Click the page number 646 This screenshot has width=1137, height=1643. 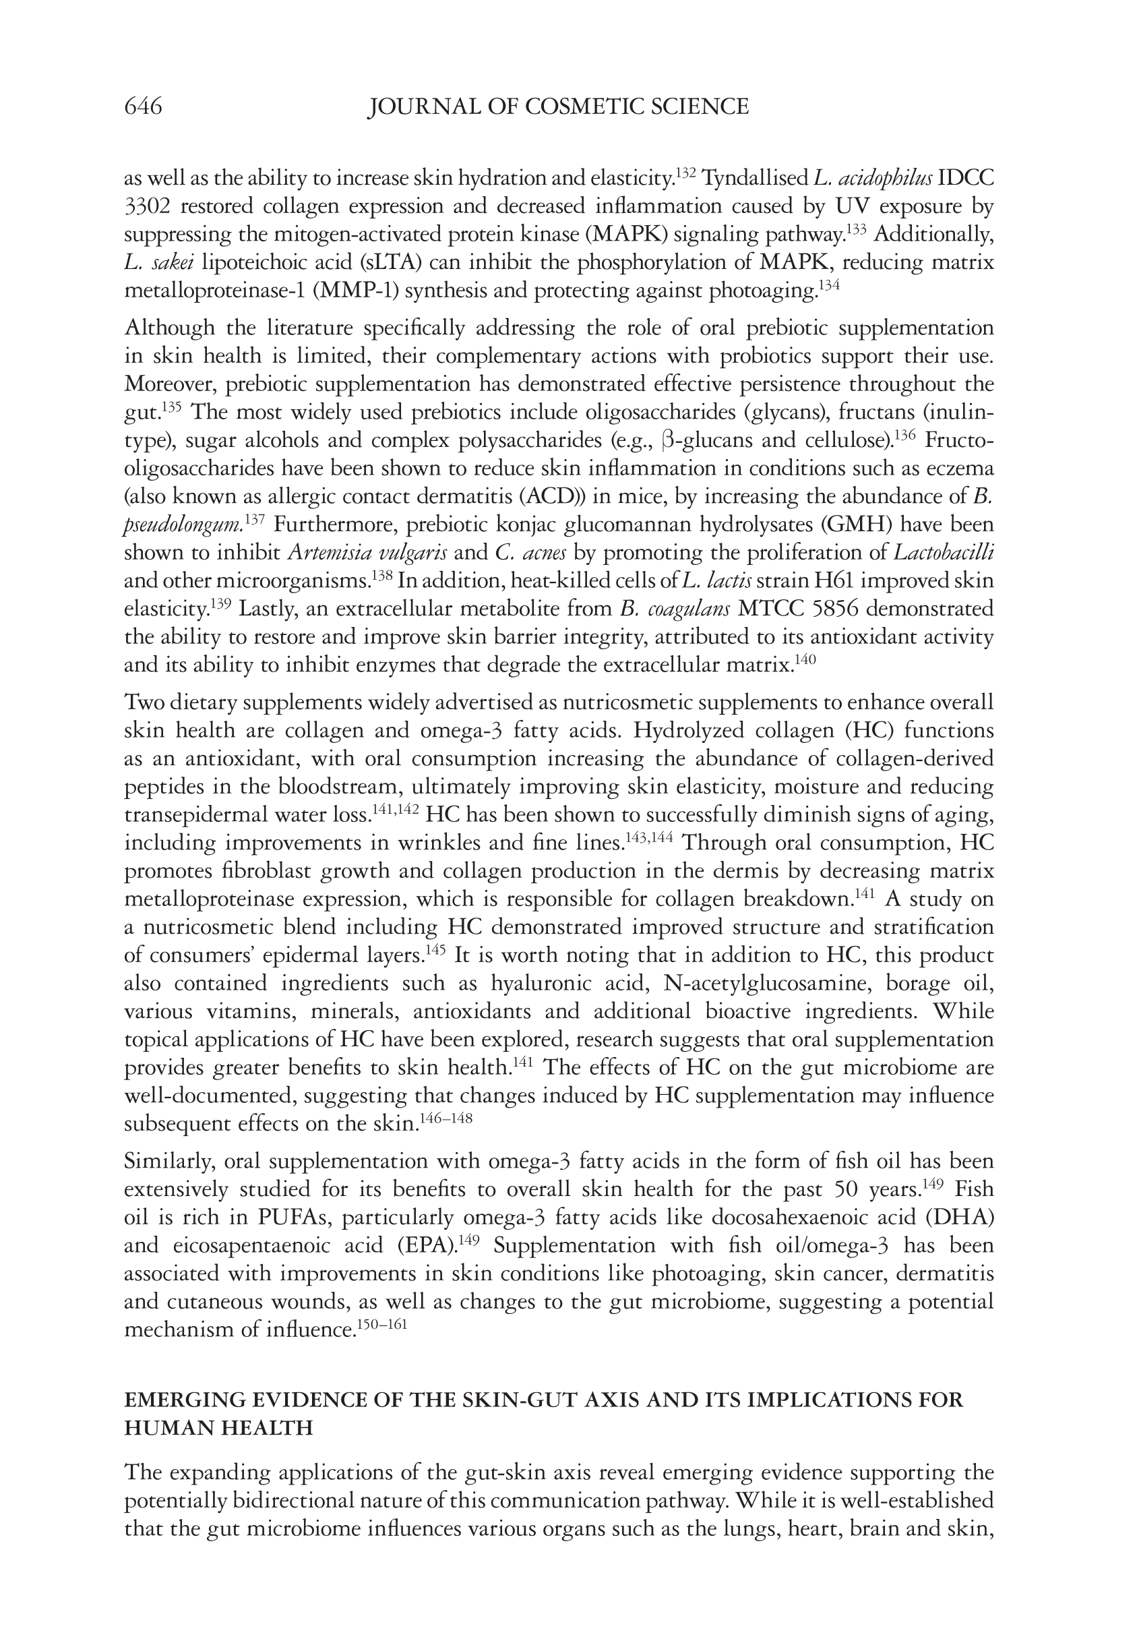tap(143, 107)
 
